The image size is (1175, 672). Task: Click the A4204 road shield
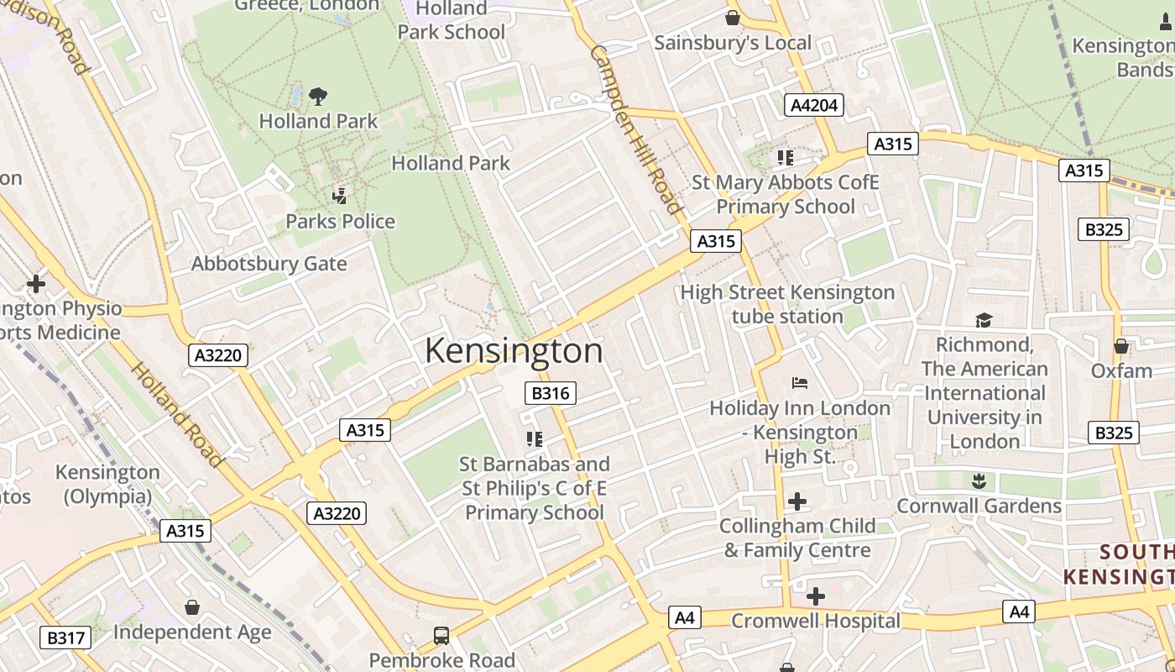pyautogui.click(x=813, y=105)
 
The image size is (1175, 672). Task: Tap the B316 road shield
pyautogui.click(x=551, y=393)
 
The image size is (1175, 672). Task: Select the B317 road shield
pyautogui.click(x=65, y=638)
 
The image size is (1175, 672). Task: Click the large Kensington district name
pyautogui.click(x=514, y=350)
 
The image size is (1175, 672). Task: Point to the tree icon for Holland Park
pyautogui.click(x=318, y=97)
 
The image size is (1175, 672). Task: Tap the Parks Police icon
pyautogui.click(x=340, y=197)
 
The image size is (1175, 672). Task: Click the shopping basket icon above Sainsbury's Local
pyautogui.click(x=733, y=18)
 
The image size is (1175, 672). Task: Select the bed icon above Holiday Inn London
pyautogui.click(x=800, y=383)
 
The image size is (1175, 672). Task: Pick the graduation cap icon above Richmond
pyautogui.click(x=984, y=320)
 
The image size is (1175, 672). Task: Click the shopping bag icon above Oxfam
pyautogui.click(x=1121, y=346)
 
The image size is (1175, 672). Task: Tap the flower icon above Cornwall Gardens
pyautogui.click(x=979, y=481)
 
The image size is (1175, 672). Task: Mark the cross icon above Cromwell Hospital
pyautogui.click(x=815, y=596)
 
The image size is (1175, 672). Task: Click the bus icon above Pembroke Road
pyautogui.click(x=441, y=636)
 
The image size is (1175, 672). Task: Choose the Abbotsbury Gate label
pyautogui.click(x=269, y=264)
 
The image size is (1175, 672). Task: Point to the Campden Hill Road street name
pyautogui.click(x=635, y=129)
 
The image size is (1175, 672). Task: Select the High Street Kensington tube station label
pyautogui.click(x=787, y=304)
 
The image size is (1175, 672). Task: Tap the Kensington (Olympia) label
pyautogui.click(x=107, y=485)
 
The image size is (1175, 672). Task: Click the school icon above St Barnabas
pyautogui.click(x=534, y=438)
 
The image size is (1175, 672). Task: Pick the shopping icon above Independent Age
pyautogui.click(x=192, y=607)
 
